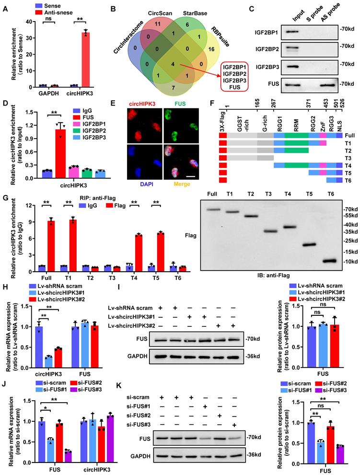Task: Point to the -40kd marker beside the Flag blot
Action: [x=351, y=225]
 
